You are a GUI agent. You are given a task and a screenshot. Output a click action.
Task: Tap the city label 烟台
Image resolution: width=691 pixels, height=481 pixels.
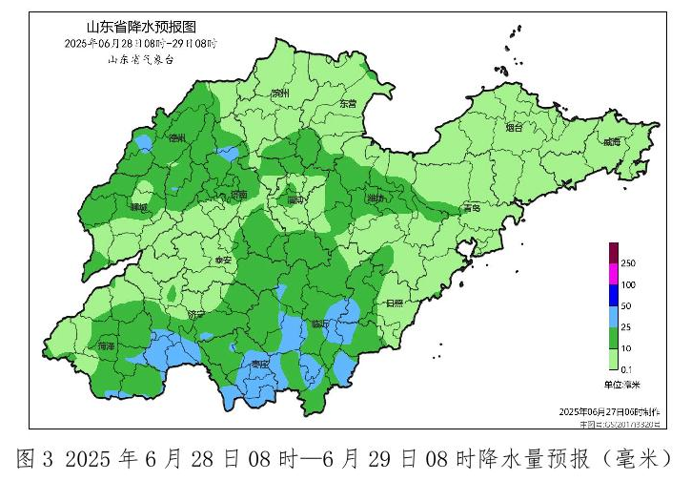coord(515,127)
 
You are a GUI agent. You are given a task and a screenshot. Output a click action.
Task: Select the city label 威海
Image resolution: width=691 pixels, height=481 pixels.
coord(611,142)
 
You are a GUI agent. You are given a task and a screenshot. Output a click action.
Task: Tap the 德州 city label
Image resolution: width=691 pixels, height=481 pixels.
coord(177,138)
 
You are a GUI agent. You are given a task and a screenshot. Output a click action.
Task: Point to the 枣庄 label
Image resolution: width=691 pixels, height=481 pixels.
coord(259,364)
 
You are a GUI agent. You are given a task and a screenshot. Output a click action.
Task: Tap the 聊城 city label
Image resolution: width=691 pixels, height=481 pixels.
coord(140,207)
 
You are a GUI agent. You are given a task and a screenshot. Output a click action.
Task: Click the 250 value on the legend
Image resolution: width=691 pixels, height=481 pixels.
coord(628,263)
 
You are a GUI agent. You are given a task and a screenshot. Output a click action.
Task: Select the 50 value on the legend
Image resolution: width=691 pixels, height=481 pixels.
coord(626,306)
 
